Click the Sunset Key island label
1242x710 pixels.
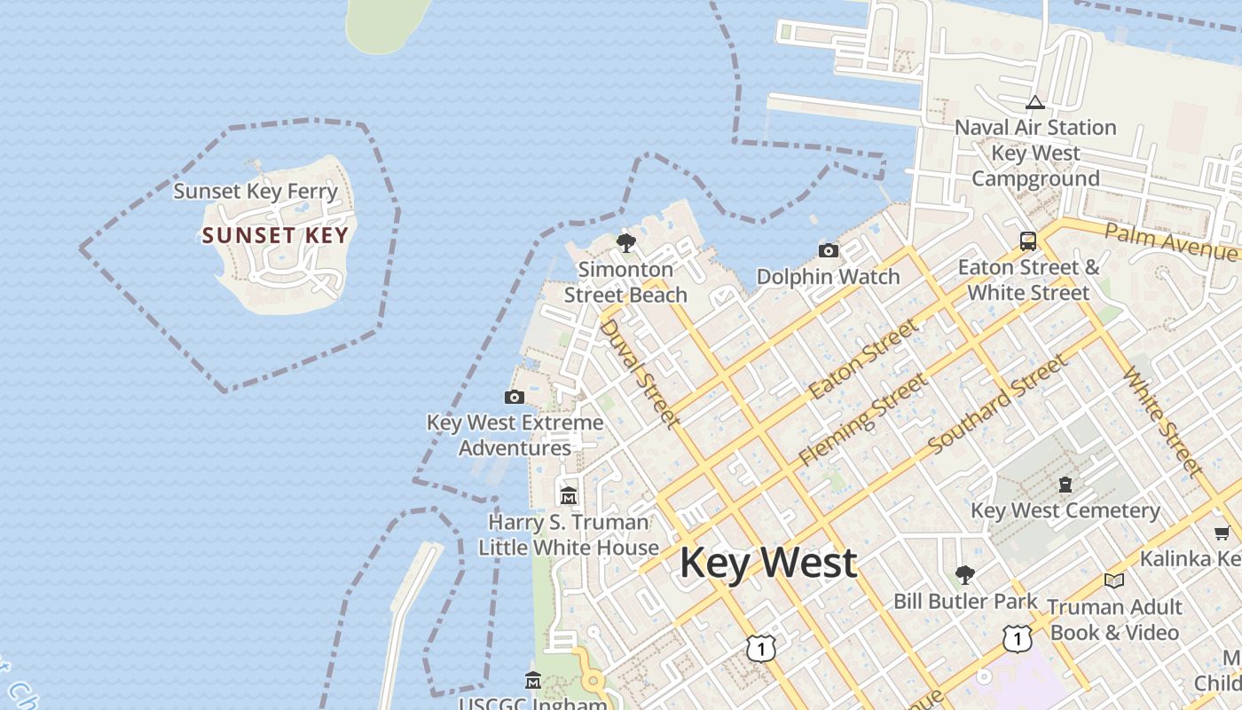tap(275, 235)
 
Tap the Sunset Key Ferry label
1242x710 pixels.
tap(255, 191)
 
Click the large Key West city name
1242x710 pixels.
tap(768, 563)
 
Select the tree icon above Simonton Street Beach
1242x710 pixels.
tap(626, 243)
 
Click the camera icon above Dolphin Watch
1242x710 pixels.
tap(828, 251)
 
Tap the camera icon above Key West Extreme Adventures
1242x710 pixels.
tap(514, 397)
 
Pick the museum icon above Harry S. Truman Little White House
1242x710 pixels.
tap(569, 495)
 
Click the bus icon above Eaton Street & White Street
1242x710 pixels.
tap(1027, 241)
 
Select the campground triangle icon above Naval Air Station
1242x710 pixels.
tap(1034, 103)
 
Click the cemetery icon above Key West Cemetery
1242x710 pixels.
tap(1065, 485)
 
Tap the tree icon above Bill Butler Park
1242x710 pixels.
tap(964, 575)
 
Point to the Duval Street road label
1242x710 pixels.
tap(639, 374)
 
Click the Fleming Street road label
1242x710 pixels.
tap(862, 419)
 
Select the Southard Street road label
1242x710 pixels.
tap(998, 402)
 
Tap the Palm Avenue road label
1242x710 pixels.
tap(1171, 241)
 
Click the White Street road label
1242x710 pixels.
tap(1162, 421)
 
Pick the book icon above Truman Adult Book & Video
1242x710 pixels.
tap(1114, 580)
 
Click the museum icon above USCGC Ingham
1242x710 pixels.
tap(533, 681)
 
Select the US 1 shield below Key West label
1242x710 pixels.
tap(761, 648)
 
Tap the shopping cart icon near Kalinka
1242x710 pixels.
tap(1222, 532)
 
